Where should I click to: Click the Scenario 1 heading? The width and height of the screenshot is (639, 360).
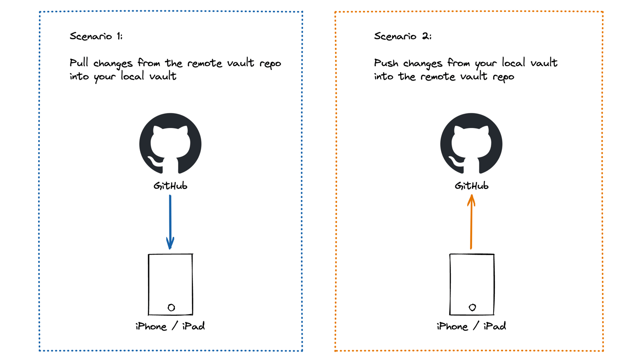(96, 36)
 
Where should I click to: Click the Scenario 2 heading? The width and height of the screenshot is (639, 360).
(403, 36)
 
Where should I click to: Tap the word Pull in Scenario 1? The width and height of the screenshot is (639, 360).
(79, 63)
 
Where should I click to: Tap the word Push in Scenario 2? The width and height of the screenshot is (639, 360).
(386, 63)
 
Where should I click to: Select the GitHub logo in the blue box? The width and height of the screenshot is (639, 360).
(170, 143)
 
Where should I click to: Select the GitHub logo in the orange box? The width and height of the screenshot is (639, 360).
(471, 143)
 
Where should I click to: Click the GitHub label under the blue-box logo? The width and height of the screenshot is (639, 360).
(170, 186)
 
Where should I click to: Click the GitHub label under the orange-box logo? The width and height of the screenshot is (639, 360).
(471, 186)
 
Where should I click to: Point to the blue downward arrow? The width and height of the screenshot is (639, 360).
(170, 220)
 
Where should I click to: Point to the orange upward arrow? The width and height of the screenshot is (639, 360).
(471, 224)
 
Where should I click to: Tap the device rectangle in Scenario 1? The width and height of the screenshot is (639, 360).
(171, 284)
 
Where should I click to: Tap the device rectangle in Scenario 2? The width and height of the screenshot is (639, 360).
(472, 284)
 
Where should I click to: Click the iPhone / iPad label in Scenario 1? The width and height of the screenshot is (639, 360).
(170, 326)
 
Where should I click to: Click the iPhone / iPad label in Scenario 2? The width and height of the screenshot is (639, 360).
(471, 326)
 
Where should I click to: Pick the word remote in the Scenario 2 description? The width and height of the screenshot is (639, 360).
(438, 77)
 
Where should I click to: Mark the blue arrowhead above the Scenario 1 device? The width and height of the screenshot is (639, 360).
(170, 243)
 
